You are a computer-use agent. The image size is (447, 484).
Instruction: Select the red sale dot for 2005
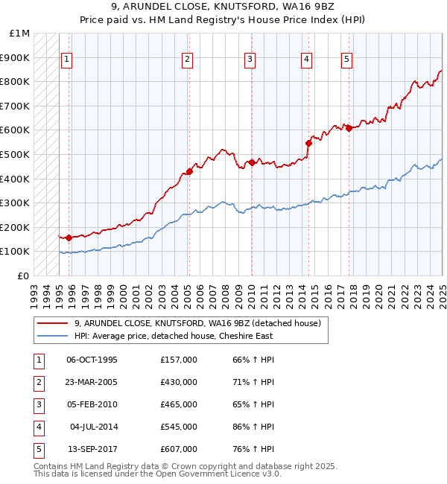[189, 171]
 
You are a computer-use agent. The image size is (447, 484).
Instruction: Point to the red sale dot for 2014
[308, 143]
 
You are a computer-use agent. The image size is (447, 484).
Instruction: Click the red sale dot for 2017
[349, 128]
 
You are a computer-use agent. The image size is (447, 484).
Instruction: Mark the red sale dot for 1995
[69, 238]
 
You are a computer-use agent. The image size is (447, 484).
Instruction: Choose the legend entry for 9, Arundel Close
[197, 323]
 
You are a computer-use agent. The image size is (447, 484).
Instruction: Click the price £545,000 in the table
[179, 427]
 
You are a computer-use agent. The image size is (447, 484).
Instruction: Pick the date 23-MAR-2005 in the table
[92, 382]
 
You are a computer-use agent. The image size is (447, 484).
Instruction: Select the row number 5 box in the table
[37, 449]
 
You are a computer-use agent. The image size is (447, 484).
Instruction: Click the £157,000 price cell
[179, 360]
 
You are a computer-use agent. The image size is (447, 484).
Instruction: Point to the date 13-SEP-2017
[92, 449]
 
